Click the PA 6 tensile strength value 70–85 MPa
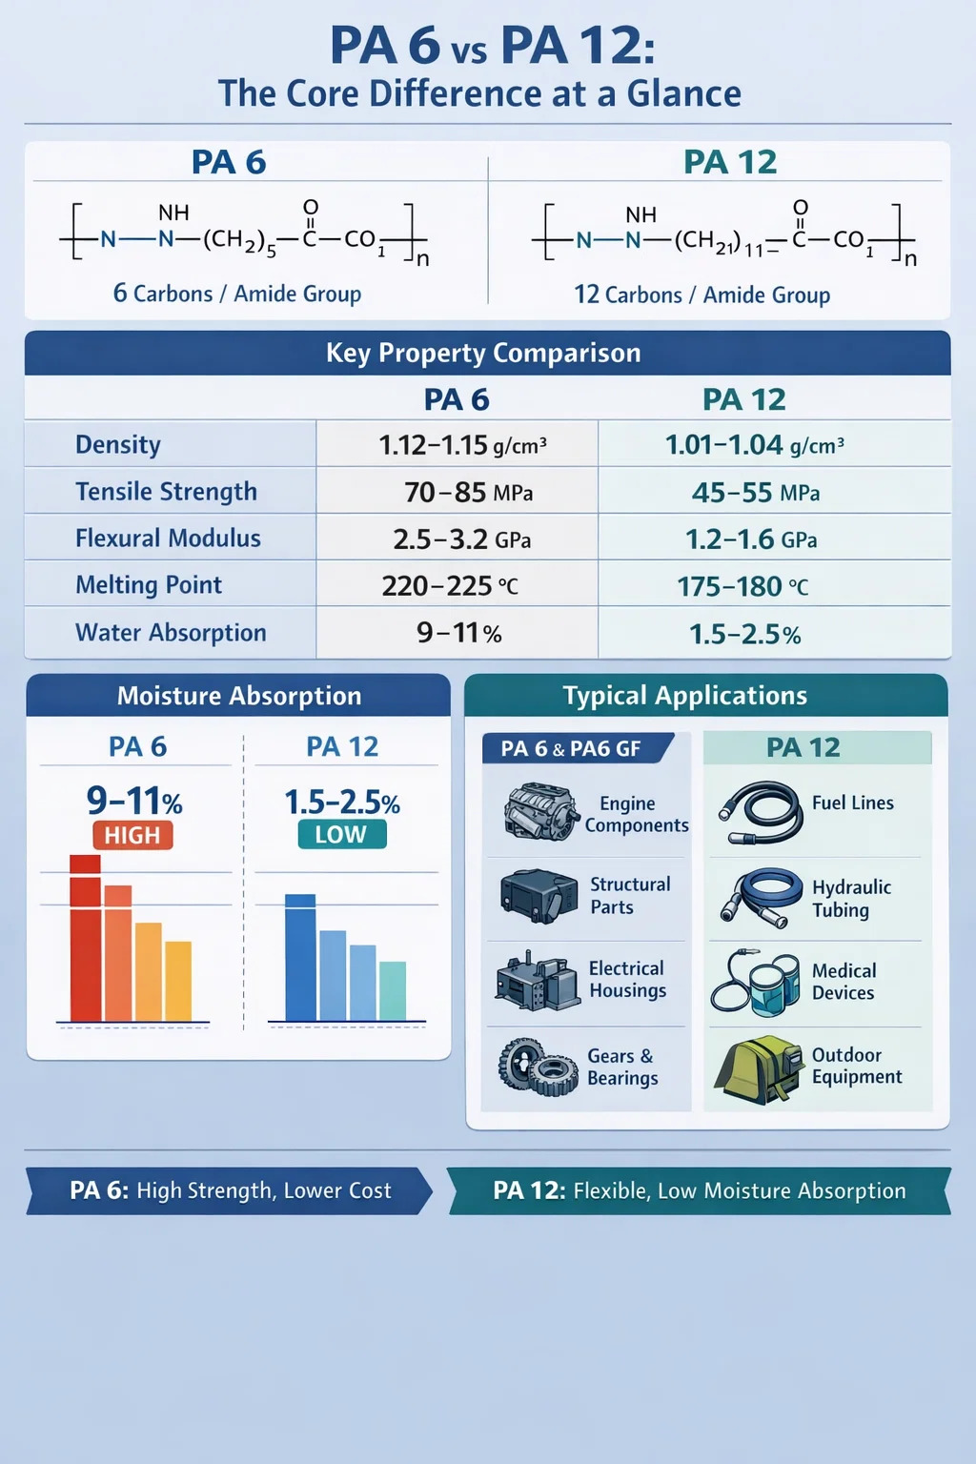(x=468, y=492)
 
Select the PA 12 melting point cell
(x=742, y=586)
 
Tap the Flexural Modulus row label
(x=168, y=539)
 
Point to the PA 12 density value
(x=754, y=445)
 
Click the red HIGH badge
(x=132, y=835)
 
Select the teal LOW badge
(x=340, y=834)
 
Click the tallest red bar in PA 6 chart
(x=85, y=939)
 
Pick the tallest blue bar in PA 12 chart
(x=300, y=958)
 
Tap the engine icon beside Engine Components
(x=540, y=811)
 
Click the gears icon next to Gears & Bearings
(x=538, y=1067)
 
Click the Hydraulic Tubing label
(x=851, y=898)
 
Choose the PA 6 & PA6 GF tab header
(x=572, y=748)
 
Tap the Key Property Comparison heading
(x=483, y=353)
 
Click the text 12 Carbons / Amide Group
(x=701, y=295)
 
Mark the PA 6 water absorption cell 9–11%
(x=458, y=633)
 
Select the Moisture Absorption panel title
(x=239, y=696)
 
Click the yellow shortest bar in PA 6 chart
(x=178, y=982)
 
